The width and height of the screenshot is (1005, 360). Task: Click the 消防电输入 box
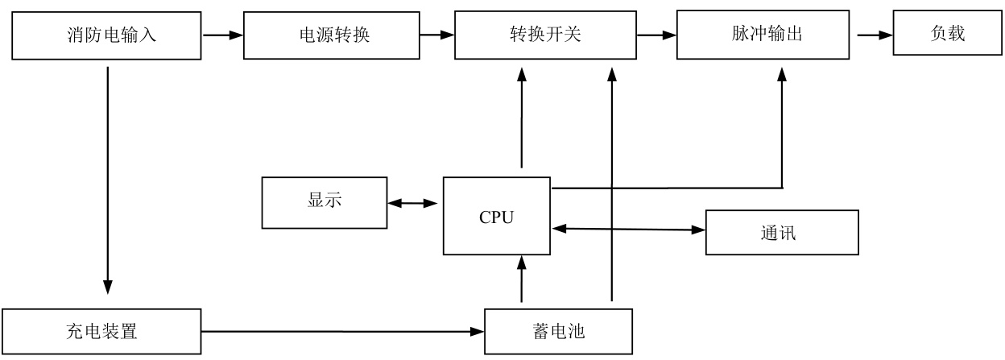[x=106, y=35]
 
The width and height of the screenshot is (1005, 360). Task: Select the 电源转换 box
[x=332, y=35]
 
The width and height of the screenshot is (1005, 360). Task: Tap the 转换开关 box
[x=545, y=35]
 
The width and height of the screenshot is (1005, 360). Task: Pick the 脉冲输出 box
[x=763, y=35]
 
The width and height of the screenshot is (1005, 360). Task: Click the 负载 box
[x=948, y=33]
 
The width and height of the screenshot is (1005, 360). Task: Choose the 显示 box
[x=325, y=203]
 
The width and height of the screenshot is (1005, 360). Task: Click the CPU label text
[x=496, y=217]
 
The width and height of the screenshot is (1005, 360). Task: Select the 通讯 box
[x=782, y=233]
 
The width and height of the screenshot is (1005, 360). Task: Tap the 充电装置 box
[x=101, y=331]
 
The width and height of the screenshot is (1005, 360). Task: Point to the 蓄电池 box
[x=559, y=331]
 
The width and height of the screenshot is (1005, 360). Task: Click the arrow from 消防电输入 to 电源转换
[x=223, y=35]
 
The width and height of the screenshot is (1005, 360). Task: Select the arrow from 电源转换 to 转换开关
[x=437, y=35]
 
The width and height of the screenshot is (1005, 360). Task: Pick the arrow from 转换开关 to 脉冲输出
[x=657, y=35]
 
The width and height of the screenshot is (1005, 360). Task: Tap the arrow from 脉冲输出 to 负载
[x=875, y=35]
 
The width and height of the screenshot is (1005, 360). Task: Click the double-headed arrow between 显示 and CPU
[x=412, y=203]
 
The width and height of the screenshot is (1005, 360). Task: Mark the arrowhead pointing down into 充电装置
[x=108, y=288]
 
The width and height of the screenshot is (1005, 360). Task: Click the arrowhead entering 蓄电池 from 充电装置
[x=478, y=332]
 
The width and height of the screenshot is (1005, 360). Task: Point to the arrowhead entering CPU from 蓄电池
[x=521, y=263]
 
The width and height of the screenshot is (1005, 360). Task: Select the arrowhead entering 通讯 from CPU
[x=698, y=230]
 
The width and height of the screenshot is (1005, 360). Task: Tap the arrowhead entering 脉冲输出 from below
[x=782, y=75]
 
